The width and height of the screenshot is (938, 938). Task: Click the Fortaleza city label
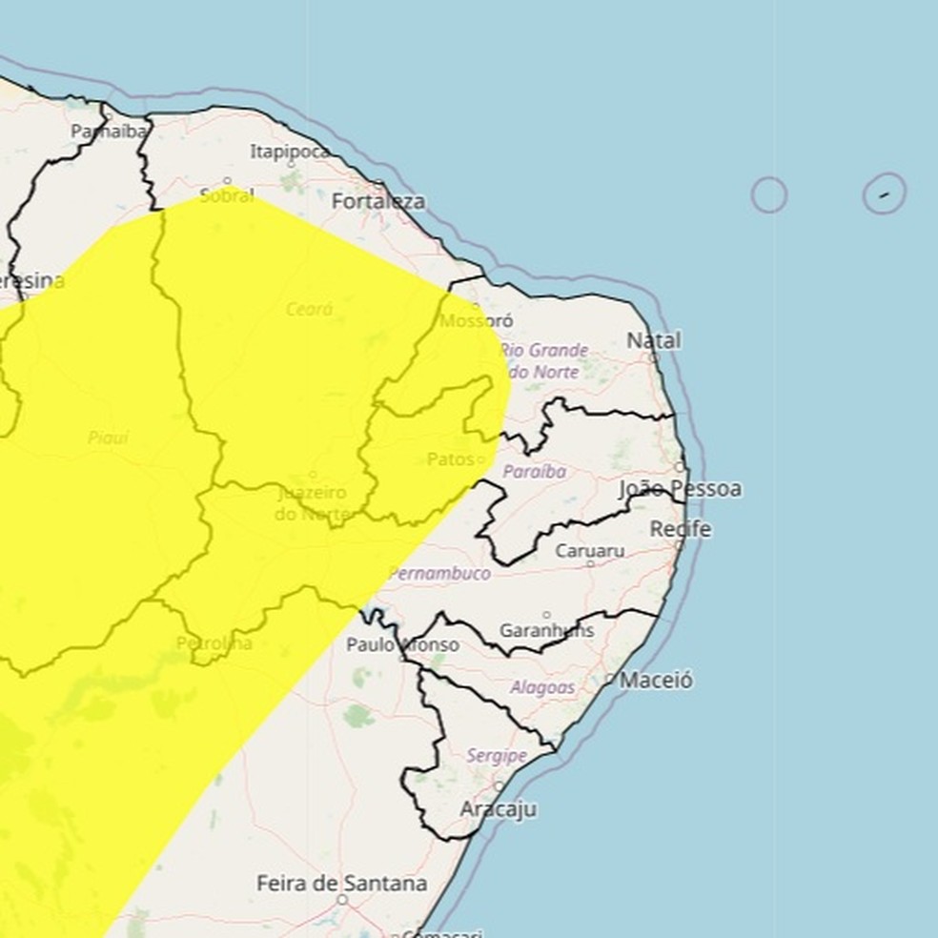[378, 202]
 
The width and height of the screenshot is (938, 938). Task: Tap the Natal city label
[654, 340]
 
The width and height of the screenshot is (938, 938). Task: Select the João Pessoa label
[680, 489]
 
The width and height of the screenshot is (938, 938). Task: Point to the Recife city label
[681, 529]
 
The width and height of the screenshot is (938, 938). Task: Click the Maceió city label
[656, 681]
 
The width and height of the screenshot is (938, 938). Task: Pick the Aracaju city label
[498, 809]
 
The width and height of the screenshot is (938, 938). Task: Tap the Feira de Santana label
[341, 884]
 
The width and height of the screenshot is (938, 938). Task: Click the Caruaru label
[590, 551]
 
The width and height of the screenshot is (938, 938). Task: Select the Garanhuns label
[547, 630]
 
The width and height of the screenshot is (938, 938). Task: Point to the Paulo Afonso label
[402, 645]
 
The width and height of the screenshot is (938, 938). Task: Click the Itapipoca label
[290, 152]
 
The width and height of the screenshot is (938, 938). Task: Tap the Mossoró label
[477, 321]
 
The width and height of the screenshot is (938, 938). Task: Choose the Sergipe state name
[497, 756]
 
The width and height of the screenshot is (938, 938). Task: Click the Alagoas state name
[542, 687]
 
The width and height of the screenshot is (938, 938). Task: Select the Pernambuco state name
[439, 574]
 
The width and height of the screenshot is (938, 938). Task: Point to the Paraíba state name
[534, 472]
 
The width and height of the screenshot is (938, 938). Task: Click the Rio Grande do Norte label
[544, 361]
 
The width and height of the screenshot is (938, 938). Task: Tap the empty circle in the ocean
[768, 195]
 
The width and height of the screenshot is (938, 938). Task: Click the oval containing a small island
[884, 194]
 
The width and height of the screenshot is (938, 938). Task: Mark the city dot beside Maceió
[610, 680]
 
